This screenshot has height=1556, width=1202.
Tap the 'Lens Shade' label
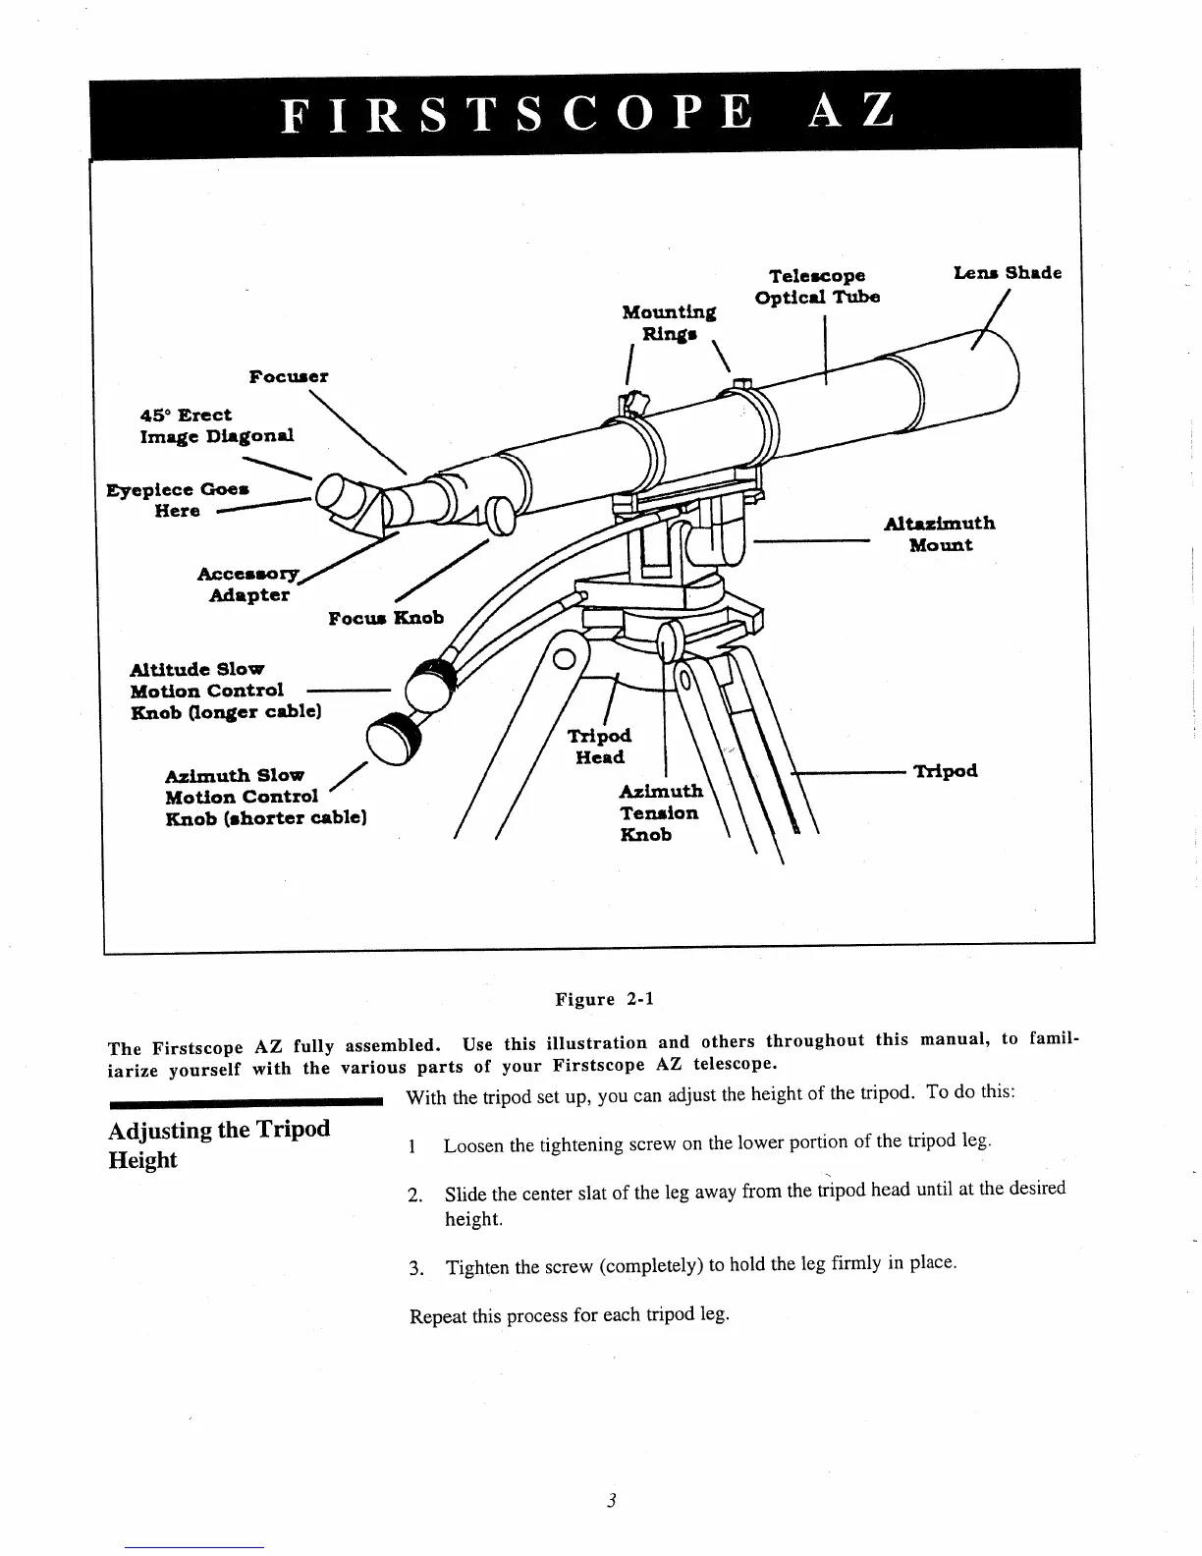tap(1007, 273)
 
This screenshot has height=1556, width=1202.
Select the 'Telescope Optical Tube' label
tap(817, 286)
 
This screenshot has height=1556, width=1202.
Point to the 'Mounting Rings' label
tap(669, 322)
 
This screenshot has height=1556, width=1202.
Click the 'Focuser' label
tap(288, 376)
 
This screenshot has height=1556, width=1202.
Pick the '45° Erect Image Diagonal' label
tap(216, 425)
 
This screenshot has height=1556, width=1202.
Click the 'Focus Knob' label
tap(385, 618)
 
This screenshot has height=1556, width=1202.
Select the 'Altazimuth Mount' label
tap(940, 534)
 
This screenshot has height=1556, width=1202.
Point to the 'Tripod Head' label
tap(600, 747)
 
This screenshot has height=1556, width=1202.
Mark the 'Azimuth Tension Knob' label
tap(661, 812)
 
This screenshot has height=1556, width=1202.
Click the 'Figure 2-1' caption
tap(604, 1000)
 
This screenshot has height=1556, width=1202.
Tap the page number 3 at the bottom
tap(610, 1500)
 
